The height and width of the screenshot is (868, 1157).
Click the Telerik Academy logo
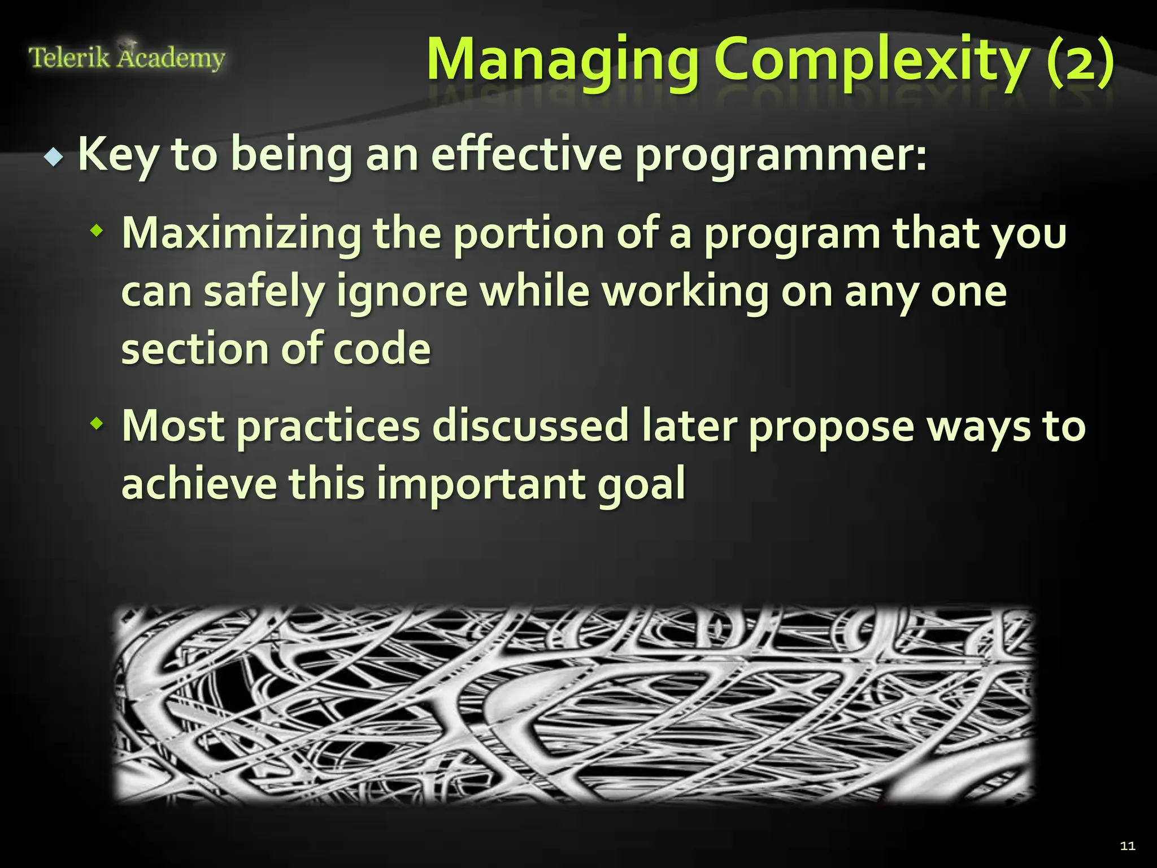(127, 57)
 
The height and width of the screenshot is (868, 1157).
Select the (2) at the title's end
(1080, 60)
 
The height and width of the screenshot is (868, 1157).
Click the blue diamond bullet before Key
(54, 158)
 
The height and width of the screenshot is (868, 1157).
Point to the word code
(382, 349)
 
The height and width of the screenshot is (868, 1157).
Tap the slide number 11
(1128, 845)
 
